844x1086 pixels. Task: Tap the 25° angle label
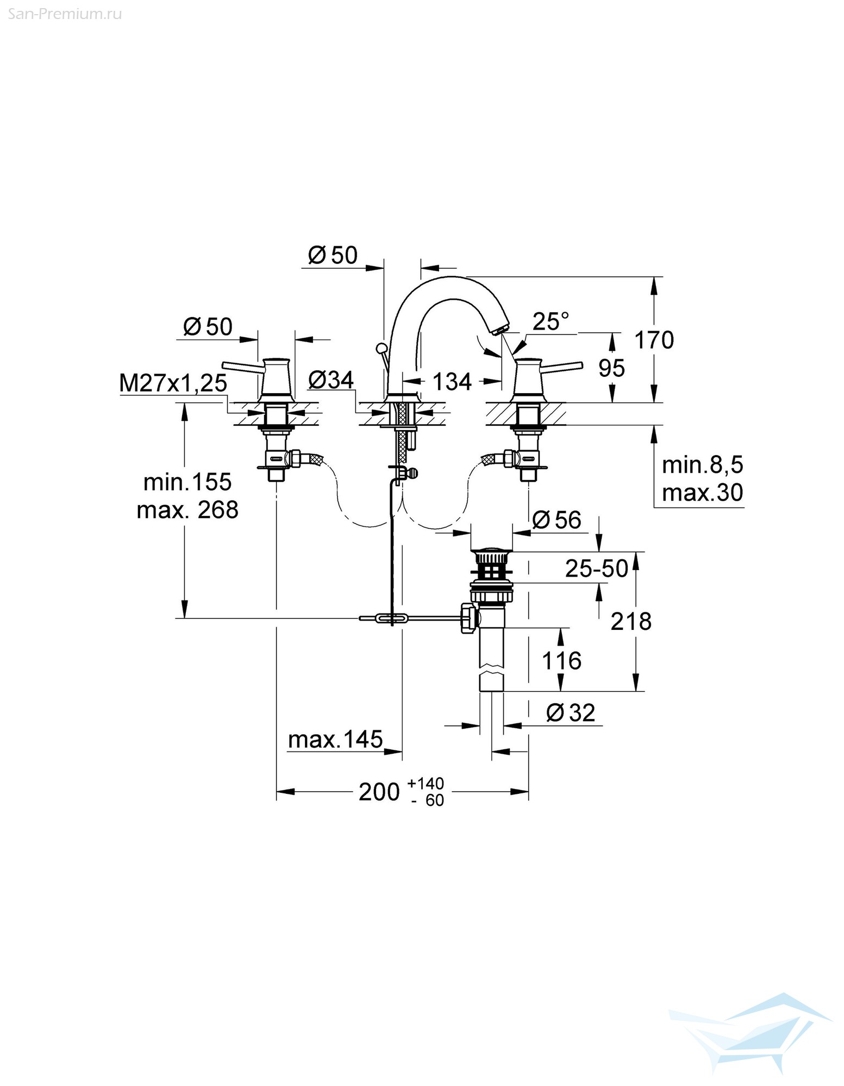551,321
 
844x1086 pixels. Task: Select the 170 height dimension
654,340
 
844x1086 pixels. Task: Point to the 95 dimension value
611,368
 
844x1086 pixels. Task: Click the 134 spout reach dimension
452,382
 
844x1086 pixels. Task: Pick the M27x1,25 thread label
173,383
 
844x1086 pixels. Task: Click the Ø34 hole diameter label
330,380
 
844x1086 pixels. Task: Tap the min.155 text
187,482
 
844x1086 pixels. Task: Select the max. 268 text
187,510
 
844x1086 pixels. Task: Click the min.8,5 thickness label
702,465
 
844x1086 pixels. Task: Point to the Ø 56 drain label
557,520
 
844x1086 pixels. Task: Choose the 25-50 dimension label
597,569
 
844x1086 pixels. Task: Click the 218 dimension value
631,621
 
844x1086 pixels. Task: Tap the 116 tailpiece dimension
561,661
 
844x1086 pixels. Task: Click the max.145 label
335,740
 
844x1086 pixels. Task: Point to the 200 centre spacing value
379,792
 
